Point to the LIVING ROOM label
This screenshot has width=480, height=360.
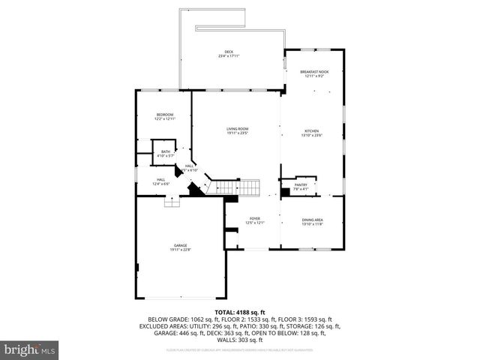(x=237, y=129)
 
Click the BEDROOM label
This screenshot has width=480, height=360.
(x=164, y=114)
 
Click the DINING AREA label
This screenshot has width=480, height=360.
(x=313, y=220)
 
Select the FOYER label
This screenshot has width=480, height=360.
(x=255, y=220)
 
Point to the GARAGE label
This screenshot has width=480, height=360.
(x=180, y=246)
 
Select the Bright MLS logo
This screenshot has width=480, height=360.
(x=30, y=349)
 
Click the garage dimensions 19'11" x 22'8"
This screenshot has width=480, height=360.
(x=180, y=250)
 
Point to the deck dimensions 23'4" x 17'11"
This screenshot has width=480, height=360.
(x=229, y=56)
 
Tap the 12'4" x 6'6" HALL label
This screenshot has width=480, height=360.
(x=161, y=181)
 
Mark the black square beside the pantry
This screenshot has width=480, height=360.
(x=285, y=192)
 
